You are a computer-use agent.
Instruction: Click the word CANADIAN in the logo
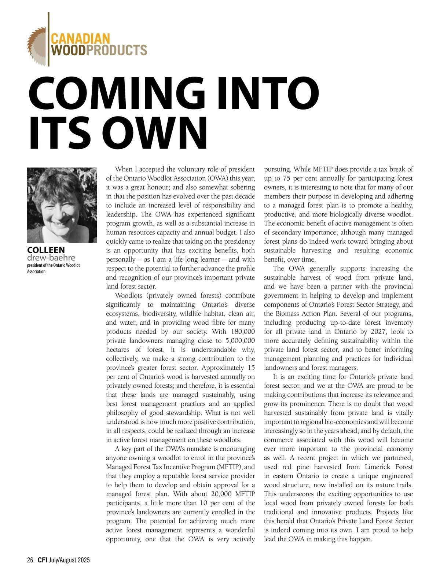click(80, 38)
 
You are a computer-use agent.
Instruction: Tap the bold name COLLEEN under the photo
click(46, 250)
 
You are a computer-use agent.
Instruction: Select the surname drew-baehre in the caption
click(51, 258)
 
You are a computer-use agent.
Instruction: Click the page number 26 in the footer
click(30, 560)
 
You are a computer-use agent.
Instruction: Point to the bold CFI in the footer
click(42, 560)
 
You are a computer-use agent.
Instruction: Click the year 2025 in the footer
click(83, 560)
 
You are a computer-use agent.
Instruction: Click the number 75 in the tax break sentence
click(287, 178)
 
